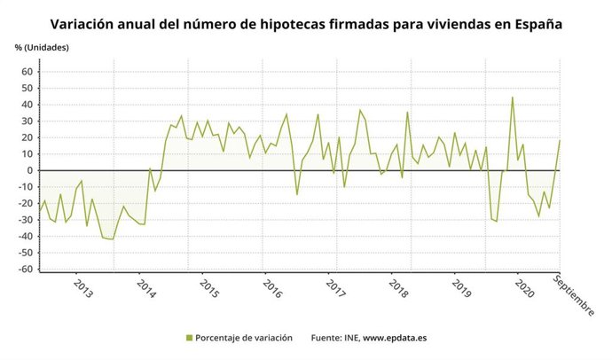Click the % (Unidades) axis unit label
(42, 45)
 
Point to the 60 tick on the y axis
(27, 72)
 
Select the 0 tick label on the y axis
(30, 170)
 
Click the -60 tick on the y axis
(25, 269)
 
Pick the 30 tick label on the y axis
(27, 121)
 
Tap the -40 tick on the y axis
(25, 236)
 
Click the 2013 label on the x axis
(82, 289)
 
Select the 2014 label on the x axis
(145, 289)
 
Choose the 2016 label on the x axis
(271, 289)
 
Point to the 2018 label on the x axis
(398, 289)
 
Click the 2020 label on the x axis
(524, 289)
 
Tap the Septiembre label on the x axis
(573, 294)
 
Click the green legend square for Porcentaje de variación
(189, 338)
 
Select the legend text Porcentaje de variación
(246, 338)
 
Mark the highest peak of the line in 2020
(513, 98)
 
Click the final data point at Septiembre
(560, 140)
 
